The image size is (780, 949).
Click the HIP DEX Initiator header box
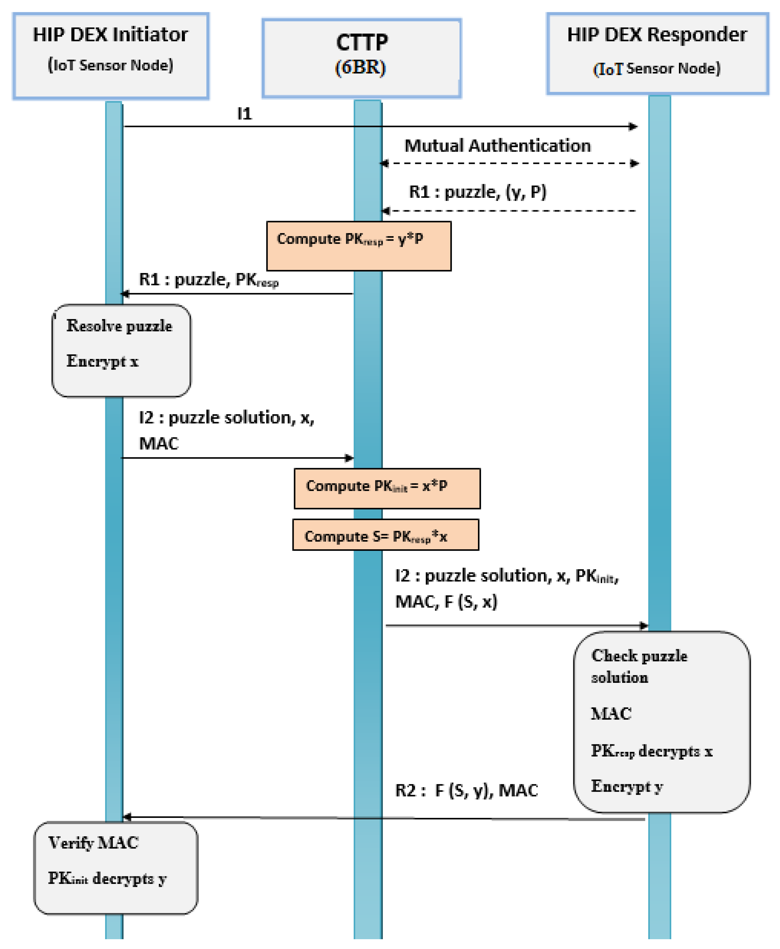[111, 56]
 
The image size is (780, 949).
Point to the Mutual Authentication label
[497, 146]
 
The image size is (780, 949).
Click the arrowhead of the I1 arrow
[633, 126]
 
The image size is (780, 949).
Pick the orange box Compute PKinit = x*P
[387, 489]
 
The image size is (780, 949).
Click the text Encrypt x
[103, 361]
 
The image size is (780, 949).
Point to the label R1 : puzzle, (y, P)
[478, 192]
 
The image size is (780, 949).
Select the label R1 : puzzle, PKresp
[208, 280]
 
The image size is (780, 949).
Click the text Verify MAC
[93, 843]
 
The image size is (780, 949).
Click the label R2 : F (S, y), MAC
[466, 790]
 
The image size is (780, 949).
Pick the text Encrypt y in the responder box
[627, 786]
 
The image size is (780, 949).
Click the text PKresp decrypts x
[652, 751]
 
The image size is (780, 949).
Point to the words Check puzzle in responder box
[639, 656]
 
